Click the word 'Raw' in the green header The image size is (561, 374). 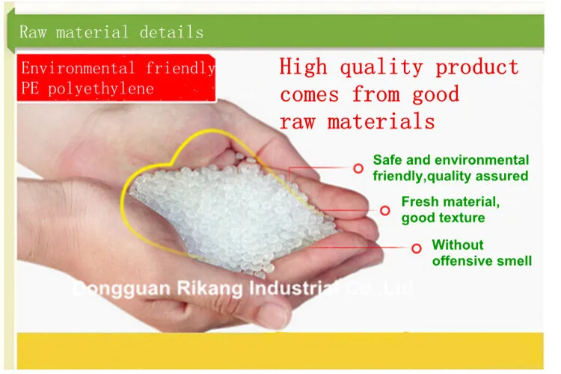[x=33, y=32]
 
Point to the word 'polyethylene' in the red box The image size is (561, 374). [x=101, y=89]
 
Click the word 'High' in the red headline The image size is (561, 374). [x=304, y=67]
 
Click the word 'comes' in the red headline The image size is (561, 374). [x=310, y=95]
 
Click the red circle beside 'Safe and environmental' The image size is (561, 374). [x=358, y=168]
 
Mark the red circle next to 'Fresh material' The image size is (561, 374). [x=385, y=210]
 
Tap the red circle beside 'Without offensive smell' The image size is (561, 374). [x=417, y=248]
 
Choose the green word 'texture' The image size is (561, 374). [x=464, y=218]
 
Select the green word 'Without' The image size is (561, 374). [x=458, y=245]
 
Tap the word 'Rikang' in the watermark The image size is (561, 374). [x=209, y=289]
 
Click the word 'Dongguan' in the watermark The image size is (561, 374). [x=122, y=289]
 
